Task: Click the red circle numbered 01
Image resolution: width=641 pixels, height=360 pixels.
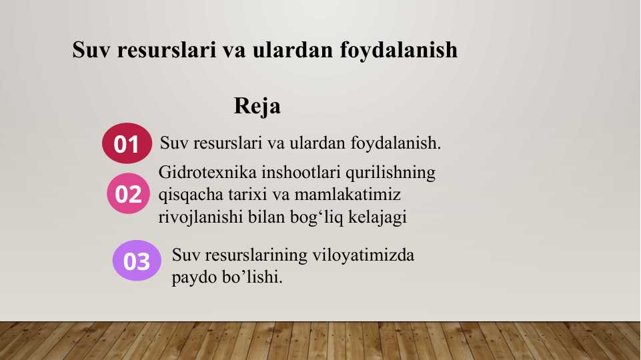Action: tap(127, 143)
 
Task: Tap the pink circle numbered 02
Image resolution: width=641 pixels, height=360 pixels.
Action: tap(128, 193)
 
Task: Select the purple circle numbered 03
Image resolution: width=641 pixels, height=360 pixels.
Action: tap(137, 261)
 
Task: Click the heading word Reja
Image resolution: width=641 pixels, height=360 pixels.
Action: tap(257, 107)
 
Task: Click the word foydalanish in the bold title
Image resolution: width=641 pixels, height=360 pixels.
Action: tap(399, 51)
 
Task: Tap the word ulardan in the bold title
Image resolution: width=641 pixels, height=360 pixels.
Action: tap(293, 50)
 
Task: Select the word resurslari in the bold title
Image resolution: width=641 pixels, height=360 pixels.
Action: tap(167, 50)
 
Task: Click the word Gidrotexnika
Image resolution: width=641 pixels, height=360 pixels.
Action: tap(207, 172)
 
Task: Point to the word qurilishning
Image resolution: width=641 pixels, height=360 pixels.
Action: tap(390, 173)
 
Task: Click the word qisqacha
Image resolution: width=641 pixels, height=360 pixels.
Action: tap(191, 195)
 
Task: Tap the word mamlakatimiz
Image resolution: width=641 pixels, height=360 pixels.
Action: tap(348, 195)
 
